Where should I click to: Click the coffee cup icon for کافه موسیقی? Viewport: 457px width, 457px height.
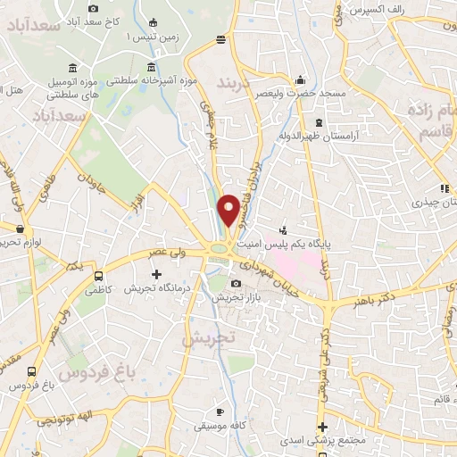[x=221, y=411]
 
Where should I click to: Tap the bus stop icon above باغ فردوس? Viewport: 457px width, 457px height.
[x=33, y=372]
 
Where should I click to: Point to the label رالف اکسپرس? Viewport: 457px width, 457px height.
[x=367, y=10]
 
